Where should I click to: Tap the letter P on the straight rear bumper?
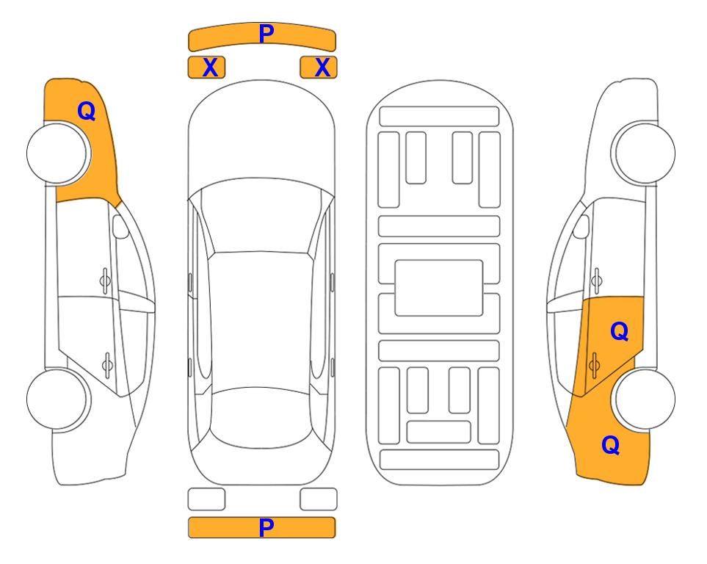click(267, 527)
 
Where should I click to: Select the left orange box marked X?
click(206, 68)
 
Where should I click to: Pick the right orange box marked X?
click(319, 68)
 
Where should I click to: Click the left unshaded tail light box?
click(206, 499)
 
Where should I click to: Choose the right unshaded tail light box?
click(319, 499)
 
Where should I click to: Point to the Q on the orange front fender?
click(87, 111)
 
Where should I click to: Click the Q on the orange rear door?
click(620, 332)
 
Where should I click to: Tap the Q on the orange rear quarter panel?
click(611, 445)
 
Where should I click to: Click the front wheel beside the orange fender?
click(57, 153)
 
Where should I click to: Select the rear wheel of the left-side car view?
click(57, 399)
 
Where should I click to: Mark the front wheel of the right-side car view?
click(645, 153)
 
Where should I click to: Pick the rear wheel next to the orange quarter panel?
click(645, 399)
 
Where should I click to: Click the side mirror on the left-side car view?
click(120, 226)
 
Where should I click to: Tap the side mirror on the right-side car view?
click(581, 226)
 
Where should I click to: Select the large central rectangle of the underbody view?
click(439, 288)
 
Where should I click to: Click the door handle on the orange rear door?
click(594, 365)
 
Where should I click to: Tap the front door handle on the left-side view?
click(105, 281)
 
